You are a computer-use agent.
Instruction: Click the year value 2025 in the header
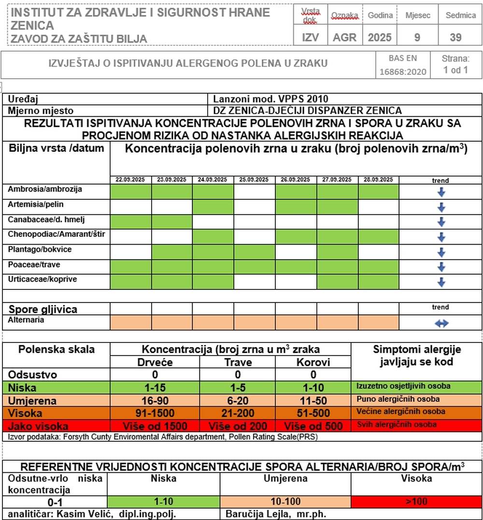point(380,37)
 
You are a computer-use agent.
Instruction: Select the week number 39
point(455,37)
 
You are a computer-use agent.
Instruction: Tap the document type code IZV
point(310,37)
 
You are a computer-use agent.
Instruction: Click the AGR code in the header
point(344,37)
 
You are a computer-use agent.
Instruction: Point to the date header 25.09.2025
point(254,179)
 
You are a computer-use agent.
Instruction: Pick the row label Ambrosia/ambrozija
point(45,189)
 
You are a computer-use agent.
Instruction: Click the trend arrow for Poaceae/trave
point(440,267)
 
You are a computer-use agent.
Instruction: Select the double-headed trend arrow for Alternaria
point(441,324)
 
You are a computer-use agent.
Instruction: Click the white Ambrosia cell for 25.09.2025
point(254,192)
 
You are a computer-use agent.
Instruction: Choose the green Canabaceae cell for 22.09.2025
point(131,222)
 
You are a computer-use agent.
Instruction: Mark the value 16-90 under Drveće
point(155,400)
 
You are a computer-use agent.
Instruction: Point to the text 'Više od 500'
point(313,426)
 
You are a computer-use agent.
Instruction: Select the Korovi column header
point(313,362)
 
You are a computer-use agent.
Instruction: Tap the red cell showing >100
point(416,501)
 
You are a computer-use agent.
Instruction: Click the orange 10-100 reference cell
point(285,501)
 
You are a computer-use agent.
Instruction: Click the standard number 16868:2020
point(403,72)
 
